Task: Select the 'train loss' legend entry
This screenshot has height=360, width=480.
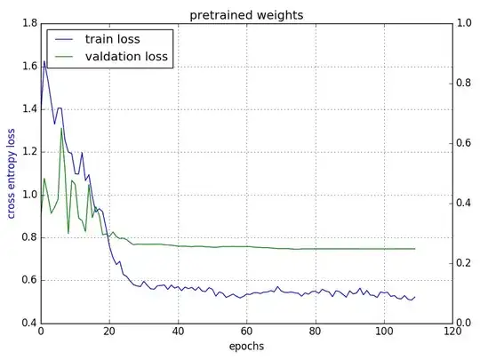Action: tap(111, 39)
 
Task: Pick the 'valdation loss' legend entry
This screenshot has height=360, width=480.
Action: tap(125, 57)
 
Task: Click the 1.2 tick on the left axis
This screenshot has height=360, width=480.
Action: tap(28, 152)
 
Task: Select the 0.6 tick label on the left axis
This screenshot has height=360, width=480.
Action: tap(28, 280)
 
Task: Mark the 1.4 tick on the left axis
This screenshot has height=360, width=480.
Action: tap(28, 109)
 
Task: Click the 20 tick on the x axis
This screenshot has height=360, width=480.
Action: tap(109, 333)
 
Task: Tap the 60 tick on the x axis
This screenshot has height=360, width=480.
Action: tap(247, 333)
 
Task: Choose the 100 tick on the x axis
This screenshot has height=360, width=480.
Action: tap(384, 333)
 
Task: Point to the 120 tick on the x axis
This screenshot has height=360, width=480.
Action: tap(453, 333)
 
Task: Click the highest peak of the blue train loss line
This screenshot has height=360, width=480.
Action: tap(44, 61)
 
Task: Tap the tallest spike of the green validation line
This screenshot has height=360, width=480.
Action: tap(61, 128)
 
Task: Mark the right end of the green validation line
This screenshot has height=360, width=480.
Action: tap(415, 249)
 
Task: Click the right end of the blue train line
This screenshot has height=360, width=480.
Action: tap(415, 297)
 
